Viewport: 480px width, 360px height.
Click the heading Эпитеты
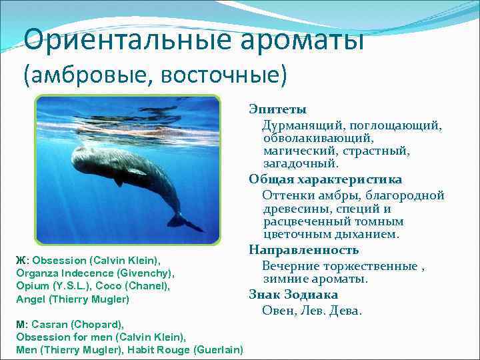(x=277, y=109)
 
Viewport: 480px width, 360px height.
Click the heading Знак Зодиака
(x=293, y=295)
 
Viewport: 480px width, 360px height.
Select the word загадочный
(x=301, y=163)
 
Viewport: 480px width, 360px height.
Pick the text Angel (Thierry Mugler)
(x=73, y=299)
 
